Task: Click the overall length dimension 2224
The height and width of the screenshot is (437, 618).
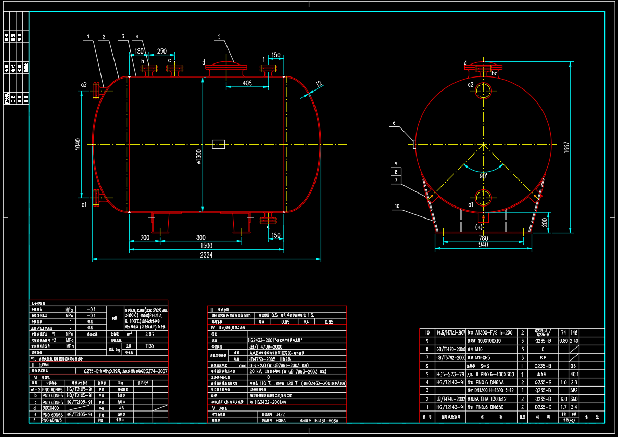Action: [x=206, y=255]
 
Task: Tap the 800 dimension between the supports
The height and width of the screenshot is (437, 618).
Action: [x=200, y=238]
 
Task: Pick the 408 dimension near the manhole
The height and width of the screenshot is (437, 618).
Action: [x=247, y=83]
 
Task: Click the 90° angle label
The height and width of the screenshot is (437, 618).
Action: [x=483, y=176]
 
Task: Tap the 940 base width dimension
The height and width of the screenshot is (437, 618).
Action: [x=483, y=245]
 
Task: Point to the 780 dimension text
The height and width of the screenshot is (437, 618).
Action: [x=483, y=238]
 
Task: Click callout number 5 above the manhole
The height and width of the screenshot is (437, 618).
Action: [x=219, y=37]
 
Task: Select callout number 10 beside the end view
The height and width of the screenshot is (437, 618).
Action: [x=397, y=206]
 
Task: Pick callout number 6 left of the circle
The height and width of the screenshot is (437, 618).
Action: [x=394, y=123]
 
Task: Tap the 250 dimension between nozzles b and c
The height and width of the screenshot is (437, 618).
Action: [x=162, y=52]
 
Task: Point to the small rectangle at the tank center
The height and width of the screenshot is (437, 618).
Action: [x=219, y=144]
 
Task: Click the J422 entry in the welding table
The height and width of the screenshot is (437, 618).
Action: [x=282, y=415]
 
